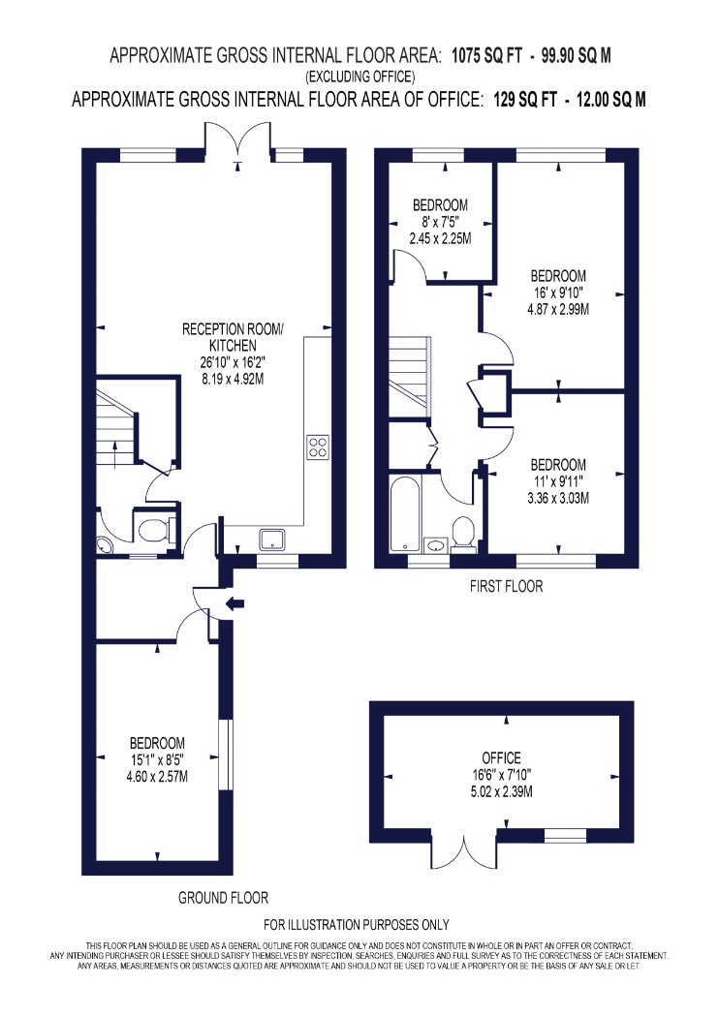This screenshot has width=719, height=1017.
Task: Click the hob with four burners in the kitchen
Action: (x=317, y=447)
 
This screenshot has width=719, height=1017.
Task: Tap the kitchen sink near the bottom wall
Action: (x=272, y=539)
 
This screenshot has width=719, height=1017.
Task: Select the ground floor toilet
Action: (x=155, y=530)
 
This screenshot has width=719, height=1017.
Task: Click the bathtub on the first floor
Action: (x=404, y=514)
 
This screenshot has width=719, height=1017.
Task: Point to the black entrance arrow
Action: (x=234, y=603)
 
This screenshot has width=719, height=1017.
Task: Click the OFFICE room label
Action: (x=501, y=757)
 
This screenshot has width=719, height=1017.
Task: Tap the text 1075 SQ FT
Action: (x=486, y=55)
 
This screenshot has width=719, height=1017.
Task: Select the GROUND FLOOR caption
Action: (x=223, y=898)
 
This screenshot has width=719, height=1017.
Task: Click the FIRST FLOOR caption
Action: (x=506, y=586)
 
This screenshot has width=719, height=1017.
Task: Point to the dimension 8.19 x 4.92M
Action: (x=233, y=379)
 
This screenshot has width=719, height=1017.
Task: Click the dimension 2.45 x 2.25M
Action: (x=440, y=238)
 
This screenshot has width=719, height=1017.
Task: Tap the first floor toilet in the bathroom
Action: (x=462, y=534)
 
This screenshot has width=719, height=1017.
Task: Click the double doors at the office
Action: (x=464, y=851)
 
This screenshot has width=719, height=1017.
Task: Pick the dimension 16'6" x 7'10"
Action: (x=501, y=775)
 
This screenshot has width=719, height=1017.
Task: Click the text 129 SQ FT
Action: (x=525, y=99)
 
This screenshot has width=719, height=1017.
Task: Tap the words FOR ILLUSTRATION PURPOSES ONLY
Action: (x=357, y=924)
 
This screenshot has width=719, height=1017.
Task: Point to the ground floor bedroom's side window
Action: (x=225, y=755)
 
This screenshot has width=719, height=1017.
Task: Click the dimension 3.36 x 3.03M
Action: (x=558, y=498)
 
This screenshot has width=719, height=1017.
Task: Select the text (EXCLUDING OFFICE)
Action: (x=360, y=77)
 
